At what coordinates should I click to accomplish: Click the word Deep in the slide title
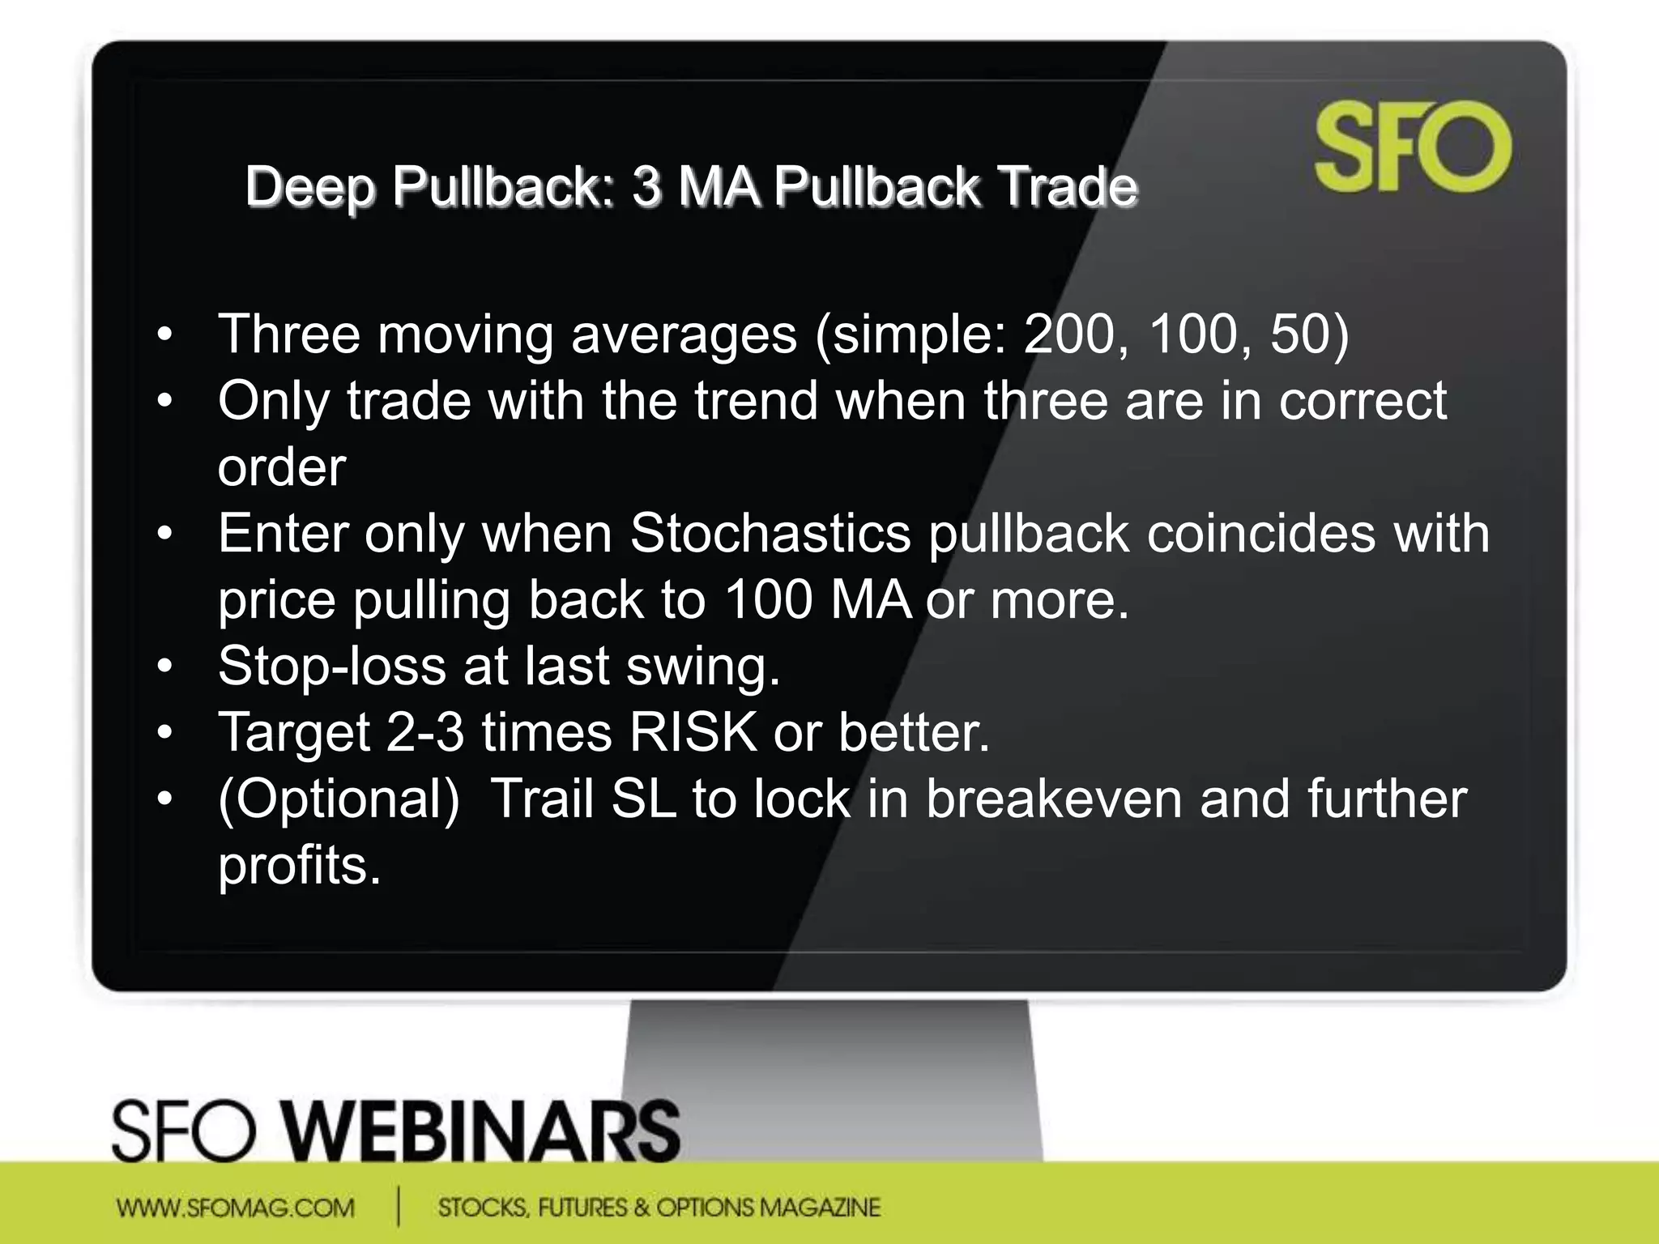310,186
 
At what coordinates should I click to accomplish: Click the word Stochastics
770,534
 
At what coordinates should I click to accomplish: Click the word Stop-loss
332,667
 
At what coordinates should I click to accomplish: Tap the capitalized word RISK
693,733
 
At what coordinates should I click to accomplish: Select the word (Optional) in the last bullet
339,799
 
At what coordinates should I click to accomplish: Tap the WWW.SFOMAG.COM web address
236,1208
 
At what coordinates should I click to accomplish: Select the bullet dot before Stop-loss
165,667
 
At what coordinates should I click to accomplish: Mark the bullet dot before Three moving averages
165,334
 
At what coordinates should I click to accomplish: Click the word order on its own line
282,467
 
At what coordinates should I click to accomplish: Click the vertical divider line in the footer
399,1206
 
